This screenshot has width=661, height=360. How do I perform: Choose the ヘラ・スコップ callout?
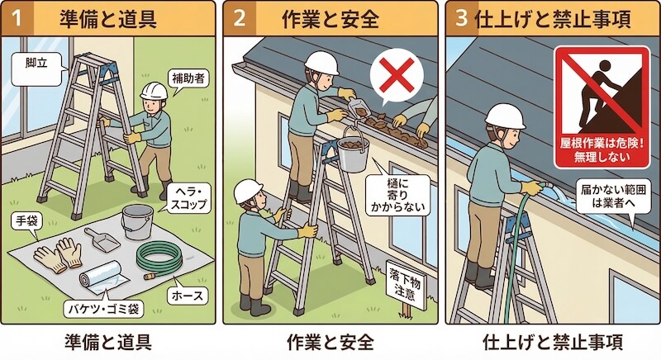pos(188,197)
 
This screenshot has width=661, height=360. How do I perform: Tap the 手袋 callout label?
pos(27,221)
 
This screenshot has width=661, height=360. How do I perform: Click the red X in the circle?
pos(397,76)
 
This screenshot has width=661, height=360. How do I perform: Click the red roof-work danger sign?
pos(601,104)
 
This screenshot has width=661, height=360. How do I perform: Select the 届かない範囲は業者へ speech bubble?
pos(605,196)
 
